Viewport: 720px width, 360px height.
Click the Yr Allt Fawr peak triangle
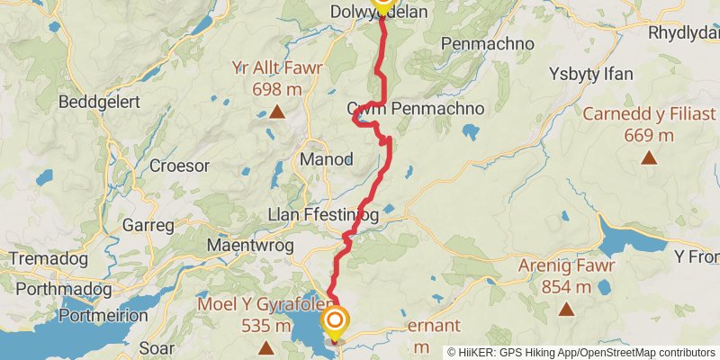(x=277, y=112)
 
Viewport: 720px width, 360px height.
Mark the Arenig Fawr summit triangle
(x=566, y=310)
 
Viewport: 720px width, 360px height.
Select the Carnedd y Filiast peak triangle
(x=648, y=158)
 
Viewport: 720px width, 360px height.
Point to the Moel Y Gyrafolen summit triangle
(x=266, y=347)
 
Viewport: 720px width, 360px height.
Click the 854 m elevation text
(x=566, y=287)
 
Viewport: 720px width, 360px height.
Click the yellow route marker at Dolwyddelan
(x=383, y=4)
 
